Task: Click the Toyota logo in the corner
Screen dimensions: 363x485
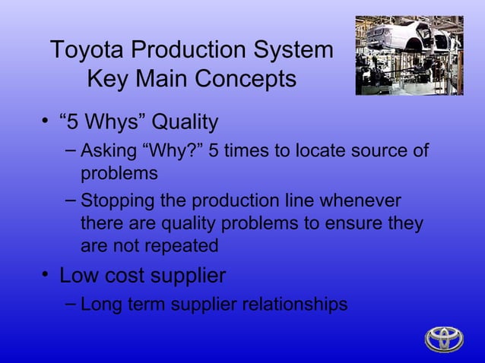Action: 444,339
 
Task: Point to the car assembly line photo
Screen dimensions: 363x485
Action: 409,55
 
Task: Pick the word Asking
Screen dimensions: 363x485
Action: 109,150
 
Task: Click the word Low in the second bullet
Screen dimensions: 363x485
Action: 78,274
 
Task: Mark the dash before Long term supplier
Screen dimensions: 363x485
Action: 69,304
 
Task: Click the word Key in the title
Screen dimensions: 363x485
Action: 109,78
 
